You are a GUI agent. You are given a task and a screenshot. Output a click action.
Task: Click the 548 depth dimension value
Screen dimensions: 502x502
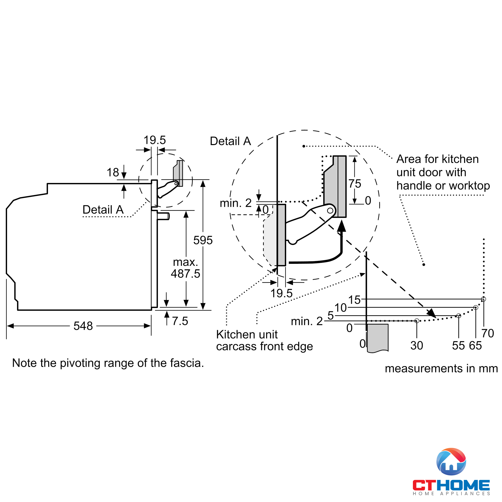coord(83,326)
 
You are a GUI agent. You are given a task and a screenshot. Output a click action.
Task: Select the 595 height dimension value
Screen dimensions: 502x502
coord(203,240)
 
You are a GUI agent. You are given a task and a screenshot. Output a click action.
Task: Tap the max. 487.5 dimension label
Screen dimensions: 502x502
coord(185,268)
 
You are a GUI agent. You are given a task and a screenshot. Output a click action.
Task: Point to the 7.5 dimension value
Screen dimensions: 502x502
coord(180,321)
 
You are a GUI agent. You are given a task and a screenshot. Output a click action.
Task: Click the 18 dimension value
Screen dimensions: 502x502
coord(113,172)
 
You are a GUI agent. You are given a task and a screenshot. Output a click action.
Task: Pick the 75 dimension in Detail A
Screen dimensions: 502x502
coord(355,184)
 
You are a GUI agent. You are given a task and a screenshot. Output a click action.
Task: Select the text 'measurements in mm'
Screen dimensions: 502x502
coord(441,368)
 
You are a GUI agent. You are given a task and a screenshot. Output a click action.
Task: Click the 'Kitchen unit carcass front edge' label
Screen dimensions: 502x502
coord(264,340)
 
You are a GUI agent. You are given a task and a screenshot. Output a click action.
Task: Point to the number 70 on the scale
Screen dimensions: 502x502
coord(488,333)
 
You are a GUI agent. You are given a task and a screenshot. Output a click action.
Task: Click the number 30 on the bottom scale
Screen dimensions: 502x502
coord(417,346)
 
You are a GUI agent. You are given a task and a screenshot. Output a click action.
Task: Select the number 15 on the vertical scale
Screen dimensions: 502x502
coord(354,300)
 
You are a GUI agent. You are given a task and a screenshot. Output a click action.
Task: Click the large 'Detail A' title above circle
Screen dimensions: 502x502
coord(230,141)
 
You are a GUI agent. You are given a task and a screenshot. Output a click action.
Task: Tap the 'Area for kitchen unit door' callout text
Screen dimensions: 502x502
coord(443,172)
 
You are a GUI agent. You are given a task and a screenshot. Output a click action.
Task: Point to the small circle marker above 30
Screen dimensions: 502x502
coord(417,321)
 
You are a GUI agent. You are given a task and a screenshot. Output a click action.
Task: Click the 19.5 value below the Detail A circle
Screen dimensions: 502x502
coord(281,293)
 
